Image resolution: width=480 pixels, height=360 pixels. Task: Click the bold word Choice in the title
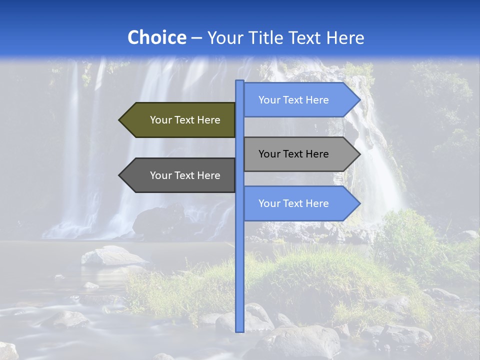pyautogui.click(x=156, y=37)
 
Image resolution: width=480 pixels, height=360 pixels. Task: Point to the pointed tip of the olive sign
pyautogui.click(x=120, y=120)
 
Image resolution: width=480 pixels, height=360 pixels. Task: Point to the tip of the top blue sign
pyautogui.click(x=359, y=100)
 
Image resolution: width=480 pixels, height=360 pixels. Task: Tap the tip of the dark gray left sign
pyautogui.click(x=120, y=175)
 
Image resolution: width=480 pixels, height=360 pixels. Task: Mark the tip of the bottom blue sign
pyautogui.click(x=359, y=203)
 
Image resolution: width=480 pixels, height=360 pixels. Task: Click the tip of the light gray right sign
pyautogui.click(x=359, y=154)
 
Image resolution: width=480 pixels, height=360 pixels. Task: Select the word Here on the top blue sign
pyautogui.click(x=316, y=100)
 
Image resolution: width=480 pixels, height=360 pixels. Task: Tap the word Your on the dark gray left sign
pyautogui.click(x=160, y=175)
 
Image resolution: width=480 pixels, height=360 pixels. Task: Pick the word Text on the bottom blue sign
pyautogui.click(x=293, y=203)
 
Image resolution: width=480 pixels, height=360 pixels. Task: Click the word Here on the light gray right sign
pyautogui.click(x=316, y=154)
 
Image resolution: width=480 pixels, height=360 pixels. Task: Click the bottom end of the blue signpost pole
pyautogui.click(x=240, y=330)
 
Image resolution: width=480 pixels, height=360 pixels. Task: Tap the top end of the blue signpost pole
pyautogui.click(x=240, y=81)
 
